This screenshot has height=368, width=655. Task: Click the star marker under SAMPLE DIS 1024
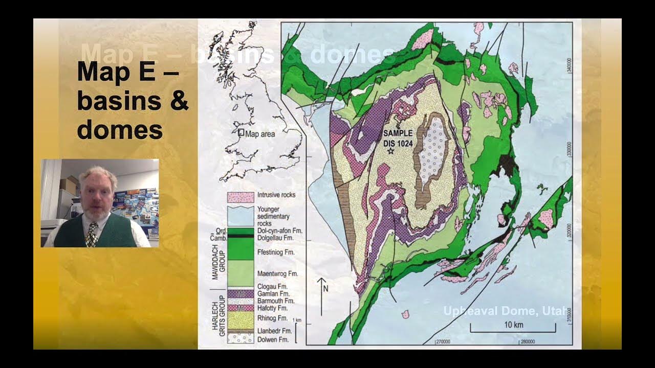click(391, 151)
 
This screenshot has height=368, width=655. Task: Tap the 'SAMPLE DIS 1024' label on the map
click(398, 137)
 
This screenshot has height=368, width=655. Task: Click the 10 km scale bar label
click(513, 325)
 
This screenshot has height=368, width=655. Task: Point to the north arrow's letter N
click(325, 288)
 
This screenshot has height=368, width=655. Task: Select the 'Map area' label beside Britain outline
click(260, 134)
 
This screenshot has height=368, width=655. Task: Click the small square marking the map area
click(241, 132)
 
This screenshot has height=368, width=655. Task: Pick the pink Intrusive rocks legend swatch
click(241, 196)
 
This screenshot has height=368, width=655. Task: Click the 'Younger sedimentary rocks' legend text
click(273, 216)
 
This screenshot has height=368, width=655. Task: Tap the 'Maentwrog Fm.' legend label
click(278, 273)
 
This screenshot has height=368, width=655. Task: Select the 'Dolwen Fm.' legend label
click(273, 339)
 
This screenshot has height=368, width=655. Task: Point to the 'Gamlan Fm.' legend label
click(273, 293)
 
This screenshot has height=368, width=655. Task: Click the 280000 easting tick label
click(528, 342)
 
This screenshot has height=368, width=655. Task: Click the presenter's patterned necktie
click(92, 235)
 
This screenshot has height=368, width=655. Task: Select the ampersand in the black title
click(179, 101)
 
